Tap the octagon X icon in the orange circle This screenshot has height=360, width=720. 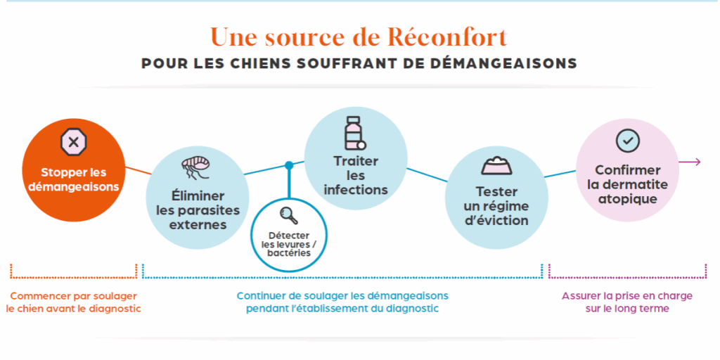pyautogui.click(x=73, y=143)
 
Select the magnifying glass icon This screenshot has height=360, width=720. pyautogui.click(x=288, y=214)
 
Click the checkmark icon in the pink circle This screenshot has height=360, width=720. pyautogui.click(x=627, y=141)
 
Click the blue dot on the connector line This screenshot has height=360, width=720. pyautogui.click(x=289, y=166)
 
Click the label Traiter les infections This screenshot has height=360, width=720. pyautogui.click(x=356, y=176)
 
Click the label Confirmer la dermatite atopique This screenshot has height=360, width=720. pyautogui.click(x=627, y=184)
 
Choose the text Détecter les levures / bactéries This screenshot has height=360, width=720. pyautogui.click(x=289, y=243)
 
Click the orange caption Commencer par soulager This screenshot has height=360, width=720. pyautogui.click(x=73, y=296)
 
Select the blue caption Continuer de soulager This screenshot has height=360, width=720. pyautogui.click(x=342, y=296)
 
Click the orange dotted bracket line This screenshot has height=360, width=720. pyautogui.click(x=73, y=276)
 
